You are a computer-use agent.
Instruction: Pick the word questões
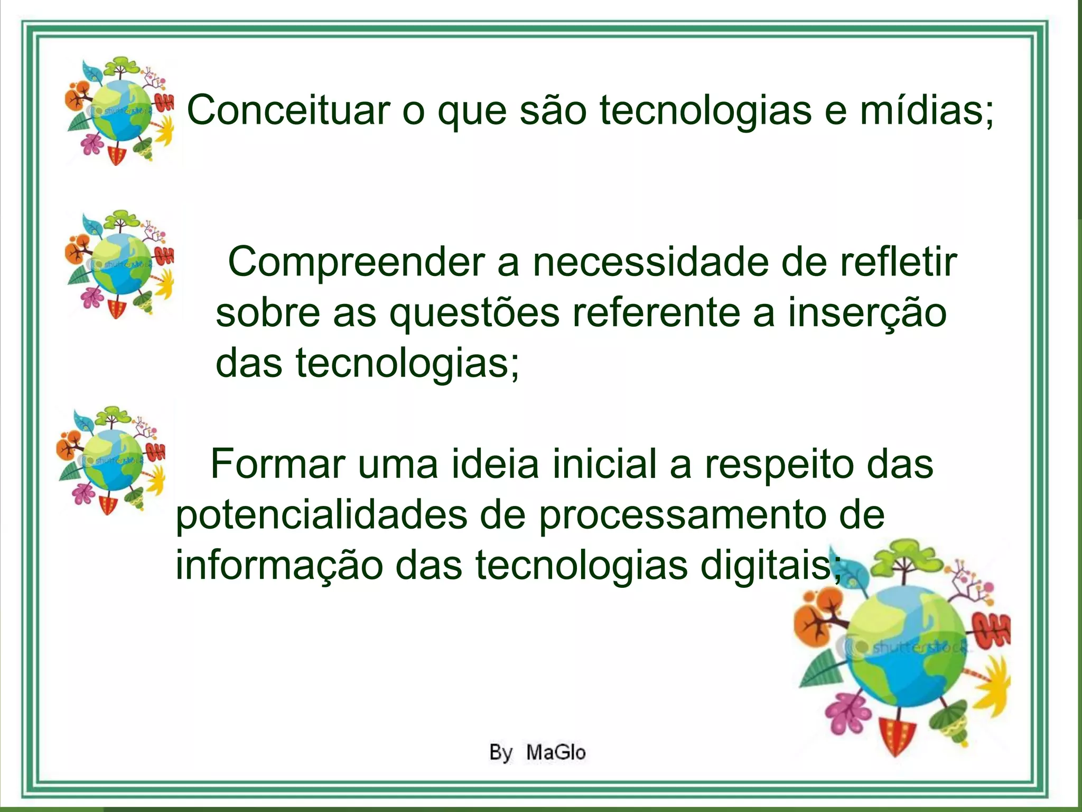tap(474, 313)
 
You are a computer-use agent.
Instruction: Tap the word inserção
tap(866, 313)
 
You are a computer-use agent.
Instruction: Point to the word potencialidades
tap(321, 515)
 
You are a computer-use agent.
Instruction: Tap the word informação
tap(279, 566)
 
